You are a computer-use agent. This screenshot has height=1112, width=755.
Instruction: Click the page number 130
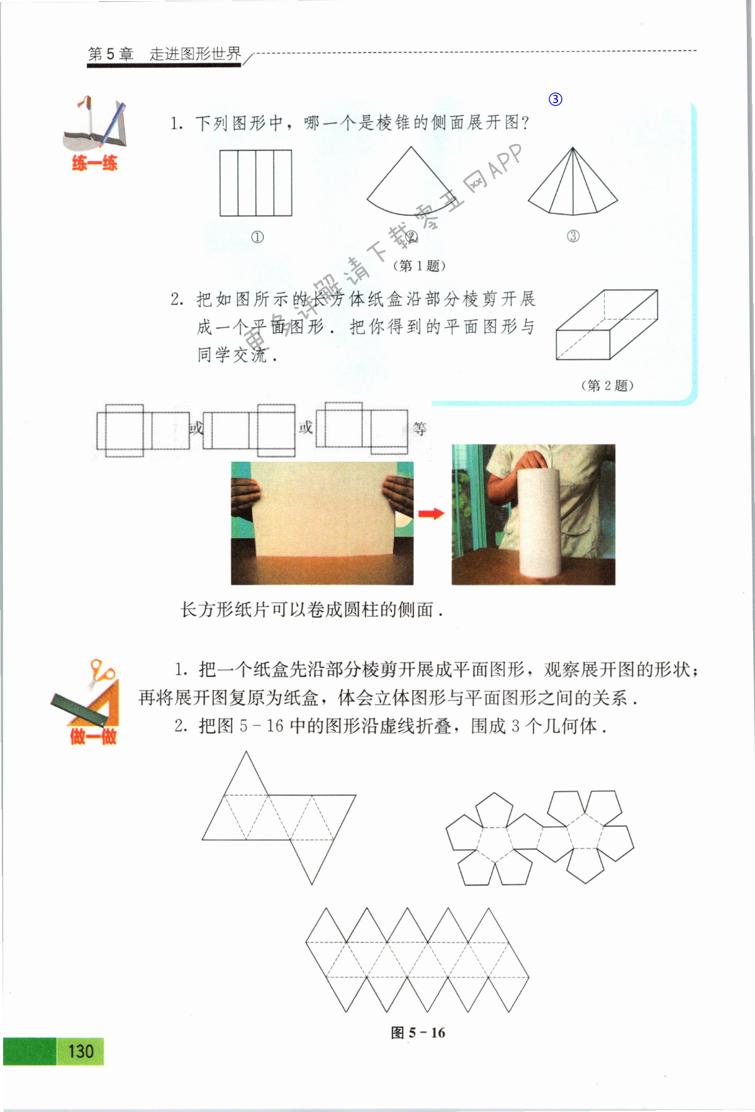pyautogui.click(x=81, y=1052)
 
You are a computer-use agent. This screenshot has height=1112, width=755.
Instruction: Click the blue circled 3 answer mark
pyautogui.click(x=555, y=99)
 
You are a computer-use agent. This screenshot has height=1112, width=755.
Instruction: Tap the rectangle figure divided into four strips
pyautogui.click(x=255, y=183)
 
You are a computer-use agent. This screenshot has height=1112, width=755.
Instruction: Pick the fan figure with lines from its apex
pyautogui.click(x=573, y=186)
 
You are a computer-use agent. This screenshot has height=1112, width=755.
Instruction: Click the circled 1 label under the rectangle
pyautogui.click(x=257, y=237)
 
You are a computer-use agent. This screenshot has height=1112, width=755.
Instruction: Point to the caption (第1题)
pyautogui.click(x=419, y=265)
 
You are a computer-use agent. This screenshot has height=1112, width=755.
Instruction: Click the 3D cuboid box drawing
pyautogui.click(x=606, y=325)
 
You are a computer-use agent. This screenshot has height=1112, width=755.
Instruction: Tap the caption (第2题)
pyautogui.click(x=607, y=386)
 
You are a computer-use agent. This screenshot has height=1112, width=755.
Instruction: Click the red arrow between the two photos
pyautogui.click(x=432, y=514)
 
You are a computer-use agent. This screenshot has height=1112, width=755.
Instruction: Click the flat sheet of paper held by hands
pyautogui.click(x=322, y=509)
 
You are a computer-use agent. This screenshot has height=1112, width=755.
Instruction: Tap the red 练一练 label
pyautogui.click(x=94, y=164)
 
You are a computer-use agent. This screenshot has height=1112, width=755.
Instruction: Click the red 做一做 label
pyautogui.click(x=93, y=736)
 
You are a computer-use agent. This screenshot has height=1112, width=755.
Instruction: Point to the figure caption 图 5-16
pyautogui.click(x=418, y=1033)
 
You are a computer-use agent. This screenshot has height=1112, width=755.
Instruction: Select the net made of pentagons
pyautogui.click(x=540, y=837)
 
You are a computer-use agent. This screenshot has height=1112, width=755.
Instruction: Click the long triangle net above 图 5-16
pyautogui.click(x=417, y=959)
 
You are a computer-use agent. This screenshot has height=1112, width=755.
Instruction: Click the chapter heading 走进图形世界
pyautogui.click(x=195, y=54)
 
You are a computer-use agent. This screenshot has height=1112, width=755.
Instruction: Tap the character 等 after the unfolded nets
pyautogui.click(x=420, y=428)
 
